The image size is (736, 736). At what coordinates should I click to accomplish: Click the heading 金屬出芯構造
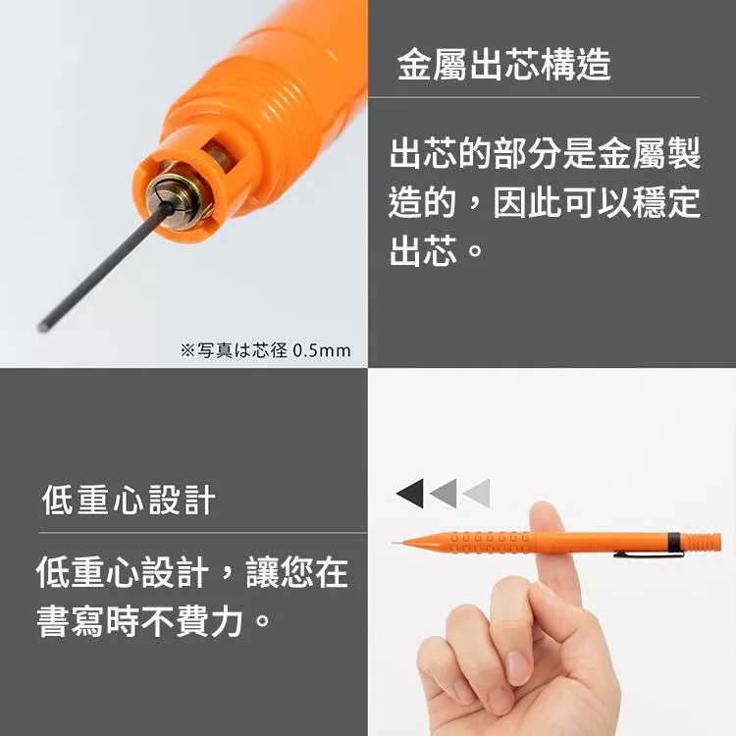[x=503, y=65]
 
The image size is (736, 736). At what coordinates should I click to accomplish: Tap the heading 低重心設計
[x=129, y=499]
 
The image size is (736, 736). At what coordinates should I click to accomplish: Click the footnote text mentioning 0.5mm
[x=265, y=350]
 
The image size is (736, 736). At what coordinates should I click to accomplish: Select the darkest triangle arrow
[x=411, y=493]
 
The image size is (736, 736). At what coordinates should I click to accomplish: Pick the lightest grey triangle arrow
[x=478, y=493]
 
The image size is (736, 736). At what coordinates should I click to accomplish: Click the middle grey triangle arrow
[x=445, y=493]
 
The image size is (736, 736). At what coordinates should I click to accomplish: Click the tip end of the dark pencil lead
[x=42, y=327]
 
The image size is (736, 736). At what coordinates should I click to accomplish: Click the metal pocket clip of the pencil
[x=649, y=554]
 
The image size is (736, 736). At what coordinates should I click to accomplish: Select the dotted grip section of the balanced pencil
[x=488, y=542]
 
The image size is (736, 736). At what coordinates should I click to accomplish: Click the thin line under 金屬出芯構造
[x=534, y=97]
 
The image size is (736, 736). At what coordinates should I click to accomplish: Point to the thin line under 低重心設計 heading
[x=203, y=533]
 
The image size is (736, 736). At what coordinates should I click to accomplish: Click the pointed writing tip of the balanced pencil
[x=394, y=543]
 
